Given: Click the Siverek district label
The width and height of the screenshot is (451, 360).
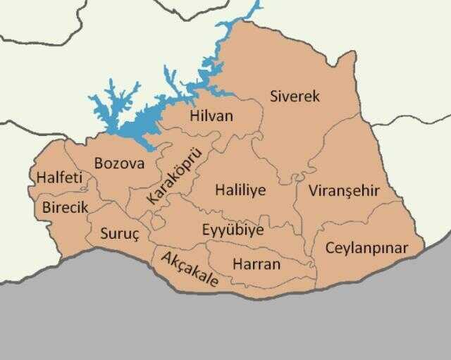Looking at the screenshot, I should (295, 96).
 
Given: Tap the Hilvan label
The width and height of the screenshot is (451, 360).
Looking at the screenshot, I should (211, 116).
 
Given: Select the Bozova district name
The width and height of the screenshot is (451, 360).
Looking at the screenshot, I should (119, 163).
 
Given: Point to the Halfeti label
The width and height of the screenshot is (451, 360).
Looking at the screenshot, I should (59, 178).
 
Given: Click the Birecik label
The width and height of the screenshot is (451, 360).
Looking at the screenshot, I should (66, 207).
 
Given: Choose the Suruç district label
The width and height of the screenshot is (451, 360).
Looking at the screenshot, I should (121, 233).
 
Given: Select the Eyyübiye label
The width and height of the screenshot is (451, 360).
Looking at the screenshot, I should (233, 230).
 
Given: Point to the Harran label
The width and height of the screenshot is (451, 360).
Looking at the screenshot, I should (256, 264).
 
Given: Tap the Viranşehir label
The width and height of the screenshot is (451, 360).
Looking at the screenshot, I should (343, 191).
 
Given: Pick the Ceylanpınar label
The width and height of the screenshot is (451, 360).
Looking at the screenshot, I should (366, 248).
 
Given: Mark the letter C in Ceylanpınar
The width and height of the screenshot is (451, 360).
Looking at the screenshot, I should (330, 247).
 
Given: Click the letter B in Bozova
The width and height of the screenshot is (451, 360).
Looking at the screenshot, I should (99, 163).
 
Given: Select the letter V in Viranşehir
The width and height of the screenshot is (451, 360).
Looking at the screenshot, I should (313, 191).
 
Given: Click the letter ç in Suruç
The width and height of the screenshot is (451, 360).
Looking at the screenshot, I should (137, 235).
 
